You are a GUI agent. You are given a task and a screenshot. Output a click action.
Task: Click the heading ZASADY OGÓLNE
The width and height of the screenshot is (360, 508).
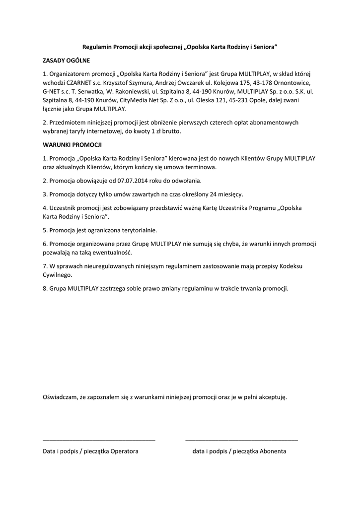click(x=66, y=61)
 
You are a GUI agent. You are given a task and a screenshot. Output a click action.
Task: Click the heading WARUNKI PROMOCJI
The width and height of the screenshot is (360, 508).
click(x=72, y=145)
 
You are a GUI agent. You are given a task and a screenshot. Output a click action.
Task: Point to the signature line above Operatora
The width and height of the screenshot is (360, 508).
click(x=99, y=440)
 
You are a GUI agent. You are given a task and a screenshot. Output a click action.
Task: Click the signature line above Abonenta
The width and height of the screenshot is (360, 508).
click(x=241, y=440)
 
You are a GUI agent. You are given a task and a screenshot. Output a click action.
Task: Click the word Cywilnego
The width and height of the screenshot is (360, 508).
click(x=58, y=274)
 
